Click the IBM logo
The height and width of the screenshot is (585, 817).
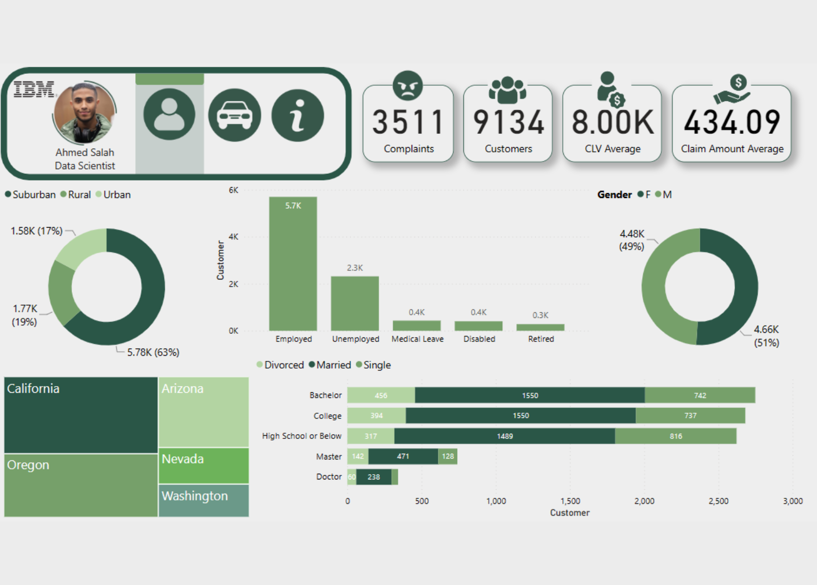(x=34, y=89)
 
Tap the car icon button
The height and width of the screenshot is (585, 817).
(x=234, y=115)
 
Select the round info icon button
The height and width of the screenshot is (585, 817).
(x=297, y=115)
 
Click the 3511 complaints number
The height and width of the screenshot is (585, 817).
(x=408, y=123)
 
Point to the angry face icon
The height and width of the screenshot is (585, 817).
(x=407, y=85)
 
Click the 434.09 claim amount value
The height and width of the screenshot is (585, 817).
(x=731, y=123)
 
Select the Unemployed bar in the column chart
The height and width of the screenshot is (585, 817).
(x=355, y=304)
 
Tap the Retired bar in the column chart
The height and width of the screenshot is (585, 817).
(x=540, y=327)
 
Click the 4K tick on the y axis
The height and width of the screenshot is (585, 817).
(x=233, y=237)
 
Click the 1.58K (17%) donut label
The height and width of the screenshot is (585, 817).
(x=36, y=231)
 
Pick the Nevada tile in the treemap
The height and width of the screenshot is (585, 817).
(x=203, y=466)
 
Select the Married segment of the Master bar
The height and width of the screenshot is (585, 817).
(x=403, y=456)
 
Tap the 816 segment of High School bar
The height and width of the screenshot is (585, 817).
(x=676, y=436)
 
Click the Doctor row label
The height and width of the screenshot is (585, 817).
(x=329, y=477)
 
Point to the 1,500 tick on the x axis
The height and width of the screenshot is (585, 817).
(x=570, y=501)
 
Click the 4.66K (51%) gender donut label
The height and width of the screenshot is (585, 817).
(x=766, y=336)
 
